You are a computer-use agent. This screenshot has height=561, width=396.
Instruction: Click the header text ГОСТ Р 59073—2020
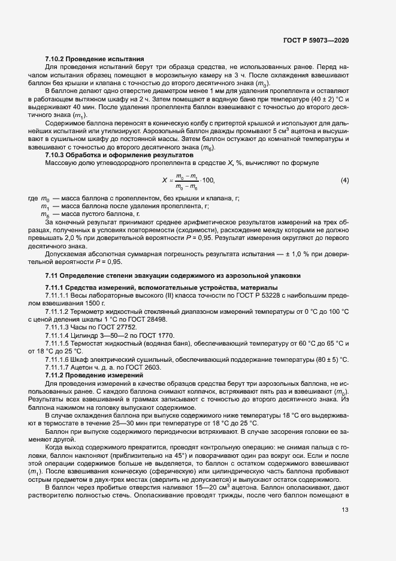[x=315, y=40]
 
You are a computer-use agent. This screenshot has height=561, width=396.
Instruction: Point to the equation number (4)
[x=344, y=180]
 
